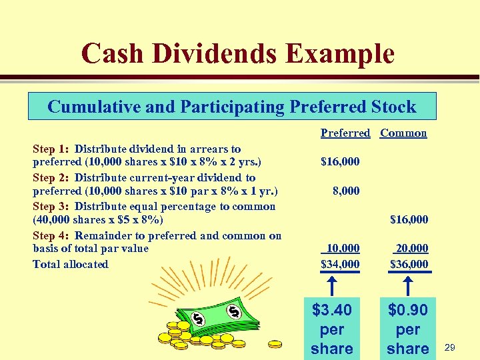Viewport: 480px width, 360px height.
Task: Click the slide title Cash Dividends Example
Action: pos(238,53)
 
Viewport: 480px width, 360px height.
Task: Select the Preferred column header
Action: pos(345,133)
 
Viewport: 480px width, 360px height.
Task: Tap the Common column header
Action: pos(403,133)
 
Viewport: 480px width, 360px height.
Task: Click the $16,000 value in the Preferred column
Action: pos(340,161)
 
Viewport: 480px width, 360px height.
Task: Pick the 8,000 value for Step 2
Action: pos(346,191)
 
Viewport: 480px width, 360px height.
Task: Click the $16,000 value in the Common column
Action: pos(409,219)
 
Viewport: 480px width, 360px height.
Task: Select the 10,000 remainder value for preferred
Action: pos(342,248)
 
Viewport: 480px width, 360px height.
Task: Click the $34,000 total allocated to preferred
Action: pos(340,264)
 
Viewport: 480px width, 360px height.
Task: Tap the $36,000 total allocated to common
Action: pos(409,264)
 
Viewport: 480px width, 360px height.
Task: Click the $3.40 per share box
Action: pos(332,329)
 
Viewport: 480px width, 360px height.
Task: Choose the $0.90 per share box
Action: pos(408,329)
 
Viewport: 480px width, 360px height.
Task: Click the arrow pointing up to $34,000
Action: pos(332,285)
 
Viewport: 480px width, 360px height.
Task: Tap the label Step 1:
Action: pos(52,149)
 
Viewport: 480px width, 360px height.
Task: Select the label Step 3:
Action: pos(52,206)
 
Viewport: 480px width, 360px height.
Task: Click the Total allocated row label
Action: pos(70,264)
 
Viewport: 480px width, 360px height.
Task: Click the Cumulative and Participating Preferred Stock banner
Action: pos(232,107)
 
